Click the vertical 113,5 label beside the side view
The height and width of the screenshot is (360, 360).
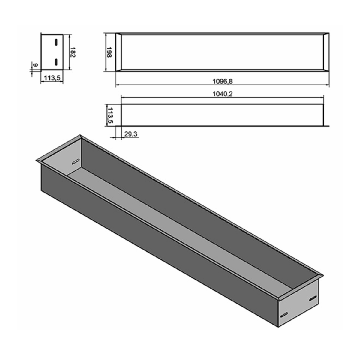click(x=110, y=115)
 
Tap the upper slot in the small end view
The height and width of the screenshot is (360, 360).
click(x=56, y=42)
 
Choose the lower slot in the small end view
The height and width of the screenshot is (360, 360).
click(x=56, y=62)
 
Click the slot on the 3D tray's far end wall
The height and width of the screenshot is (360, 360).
click(x=76, y=162)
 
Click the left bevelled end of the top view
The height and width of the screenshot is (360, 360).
click(x=118, y=53)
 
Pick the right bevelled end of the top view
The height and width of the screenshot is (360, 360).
click(x=326, y=53)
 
